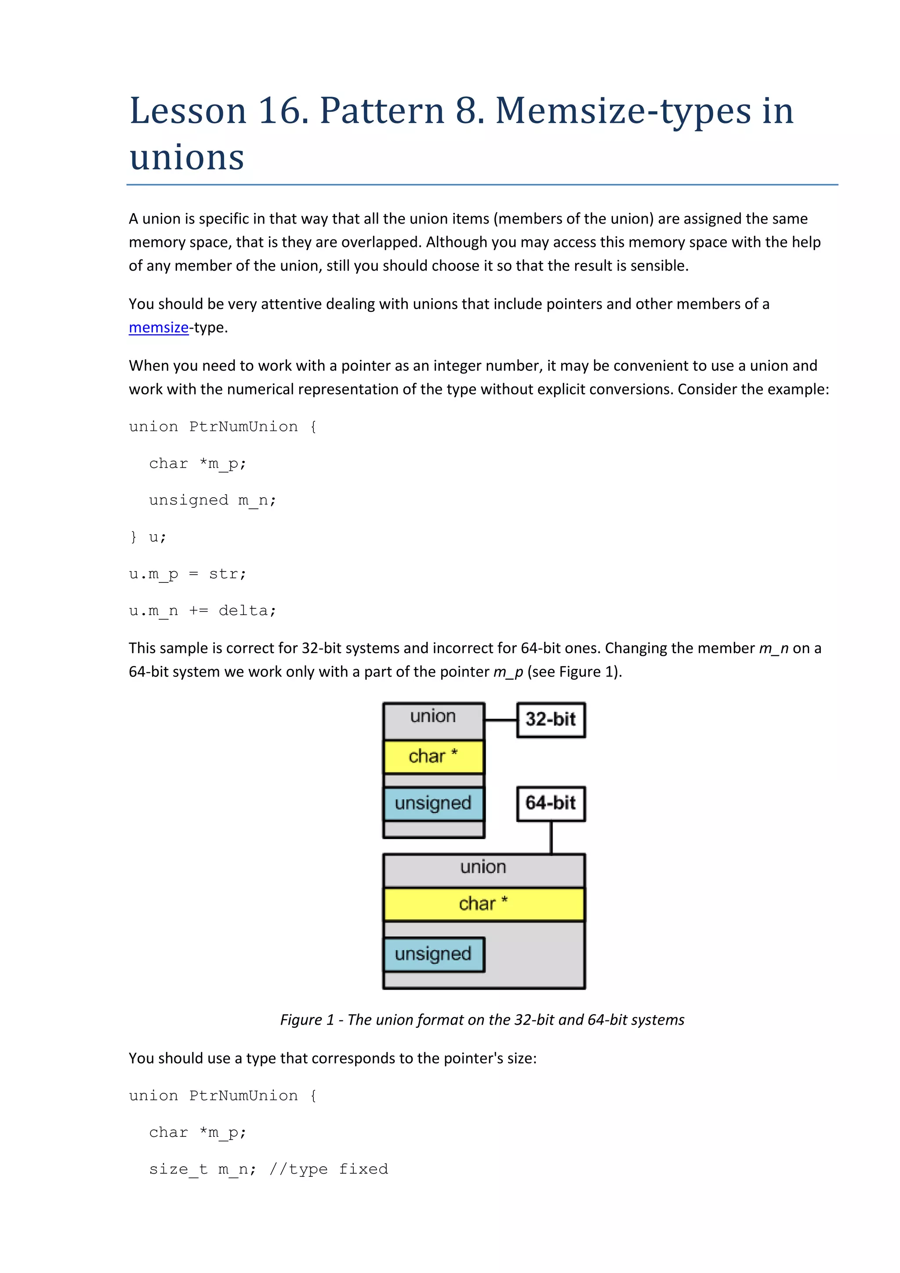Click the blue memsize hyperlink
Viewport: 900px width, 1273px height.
pyautogui.click(x=159, y=328)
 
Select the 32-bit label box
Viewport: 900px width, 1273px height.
pyautogui.click(x=551, y=720)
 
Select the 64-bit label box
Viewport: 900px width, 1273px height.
pyautogui.click(x=551, y=803)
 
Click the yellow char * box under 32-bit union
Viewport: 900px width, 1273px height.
pyautogui.click(x=434, y=756)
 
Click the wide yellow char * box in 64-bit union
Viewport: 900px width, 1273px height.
pyautogui.click(x=483, y=904)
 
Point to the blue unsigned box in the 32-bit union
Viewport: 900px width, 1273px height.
pyautogui.click(x=434, y=803)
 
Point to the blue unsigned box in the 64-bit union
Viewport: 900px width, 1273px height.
pyautogui.click(x=434, y=954)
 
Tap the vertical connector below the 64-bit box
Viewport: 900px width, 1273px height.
pyautogui.click(x=551, y=837)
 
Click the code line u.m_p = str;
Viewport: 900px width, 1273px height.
pyautogui.click(x=188, y=574)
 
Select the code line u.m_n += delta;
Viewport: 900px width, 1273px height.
pyautogui.click(x=203, y=611)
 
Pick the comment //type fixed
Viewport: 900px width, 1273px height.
pyautogui.click(x=328, y=1169)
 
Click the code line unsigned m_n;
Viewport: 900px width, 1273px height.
pyautogui.click(x=212, y=500)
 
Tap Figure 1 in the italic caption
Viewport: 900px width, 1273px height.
pyautogui.click(x=307, y=1020)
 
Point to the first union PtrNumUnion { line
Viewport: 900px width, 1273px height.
pyautogui.click(x=222, y=427)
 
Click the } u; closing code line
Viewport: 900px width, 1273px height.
pyautogui.click(x=148, y=537)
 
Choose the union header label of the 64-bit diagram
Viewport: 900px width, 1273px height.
pyautogui.click(x=483, y=867)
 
